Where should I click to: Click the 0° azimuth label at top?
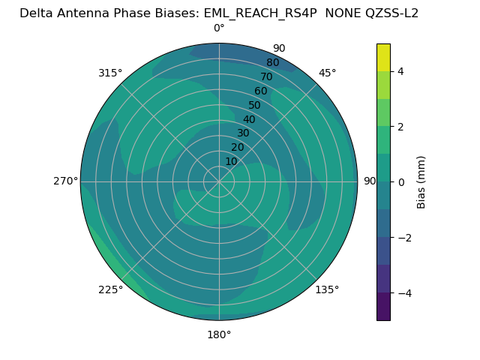[x=219, y=28]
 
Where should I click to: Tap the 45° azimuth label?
[x=327, y=73]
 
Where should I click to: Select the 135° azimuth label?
[x=327, y=289]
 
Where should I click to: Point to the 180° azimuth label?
[x=219, y=334]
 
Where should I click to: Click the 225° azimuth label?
[x=110, y=289]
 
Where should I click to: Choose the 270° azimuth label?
[x=64, y=181]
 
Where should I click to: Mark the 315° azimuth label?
[x=110, y=73]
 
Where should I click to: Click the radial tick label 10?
[x=232, y=161]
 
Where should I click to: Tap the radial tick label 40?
[x=249, y=119]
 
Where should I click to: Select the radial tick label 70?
[x=266, y=77]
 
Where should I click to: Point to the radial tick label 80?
[x=272, y=63]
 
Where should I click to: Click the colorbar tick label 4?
[x=400, y=71]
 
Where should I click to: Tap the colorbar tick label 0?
[x=400, y=182]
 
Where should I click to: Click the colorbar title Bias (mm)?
[x=421, y=182]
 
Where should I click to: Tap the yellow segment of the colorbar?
[x=383, y=57]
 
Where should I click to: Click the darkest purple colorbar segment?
[x=383, y=307]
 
